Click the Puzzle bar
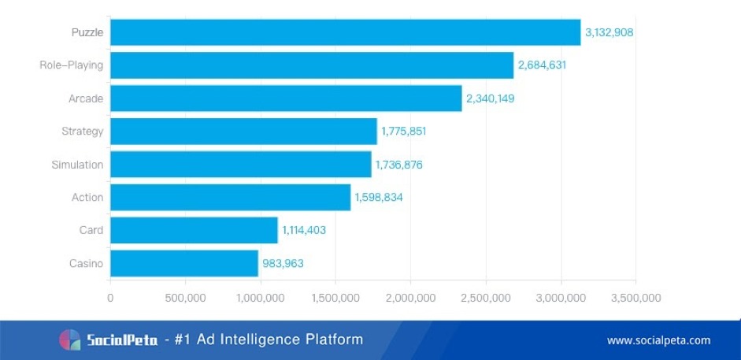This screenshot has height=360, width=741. (345, 32)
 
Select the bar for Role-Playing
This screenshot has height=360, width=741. (312, 65)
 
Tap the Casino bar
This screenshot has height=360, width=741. (184, 263)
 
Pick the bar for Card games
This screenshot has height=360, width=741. (194, 230)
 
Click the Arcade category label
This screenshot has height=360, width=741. (86, 98)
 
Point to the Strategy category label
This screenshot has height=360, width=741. (82, 132)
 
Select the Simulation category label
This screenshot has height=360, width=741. (77, 165)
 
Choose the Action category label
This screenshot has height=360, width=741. (87, 197)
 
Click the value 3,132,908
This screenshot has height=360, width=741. (609, 32)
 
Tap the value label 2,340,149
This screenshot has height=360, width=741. (491, 98)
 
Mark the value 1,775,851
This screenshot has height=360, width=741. (403, 132)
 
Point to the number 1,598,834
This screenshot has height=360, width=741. (379, 198)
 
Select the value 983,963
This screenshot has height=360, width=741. (283, 264)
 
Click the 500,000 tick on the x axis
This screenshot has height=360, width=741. (185, 298)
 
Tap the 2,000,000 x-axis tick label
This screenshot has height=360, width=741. (410, 298)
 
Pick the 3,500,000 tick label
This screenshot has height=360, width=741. (635, 298)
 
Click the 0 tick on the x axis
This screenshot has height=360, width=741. (110, 298)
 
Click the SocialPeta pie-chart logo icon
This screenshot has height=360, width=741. (69, 340)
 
